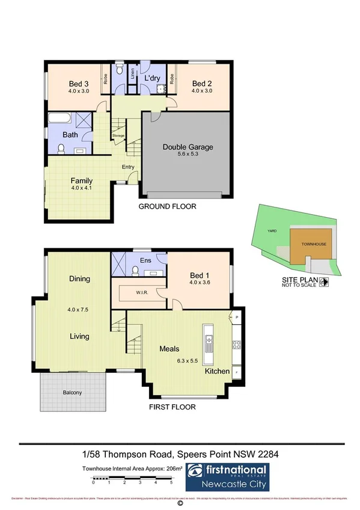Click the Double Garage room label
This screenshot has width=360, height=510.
click(x=188, y=147)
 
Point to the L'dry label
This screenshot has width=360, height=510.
click(x=151, y=78)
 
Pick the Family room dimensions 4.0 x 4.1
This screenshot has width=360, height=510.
click(x=81, y=189)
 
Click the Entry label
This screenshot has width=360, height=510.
click(x=128, y=167)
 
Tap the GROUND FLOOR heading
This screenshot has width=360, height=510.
click(x=167, y=206)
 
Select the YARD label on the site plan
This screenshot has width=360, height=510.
click(x=271, y=230)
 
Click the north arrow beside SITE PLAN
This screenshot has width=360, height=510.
click(x=323, y=281)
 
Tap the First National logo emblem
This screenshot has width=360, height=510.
click(x=195, y=470)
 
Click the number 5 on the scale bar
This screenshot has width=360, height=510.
click(x=171, y=482)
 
